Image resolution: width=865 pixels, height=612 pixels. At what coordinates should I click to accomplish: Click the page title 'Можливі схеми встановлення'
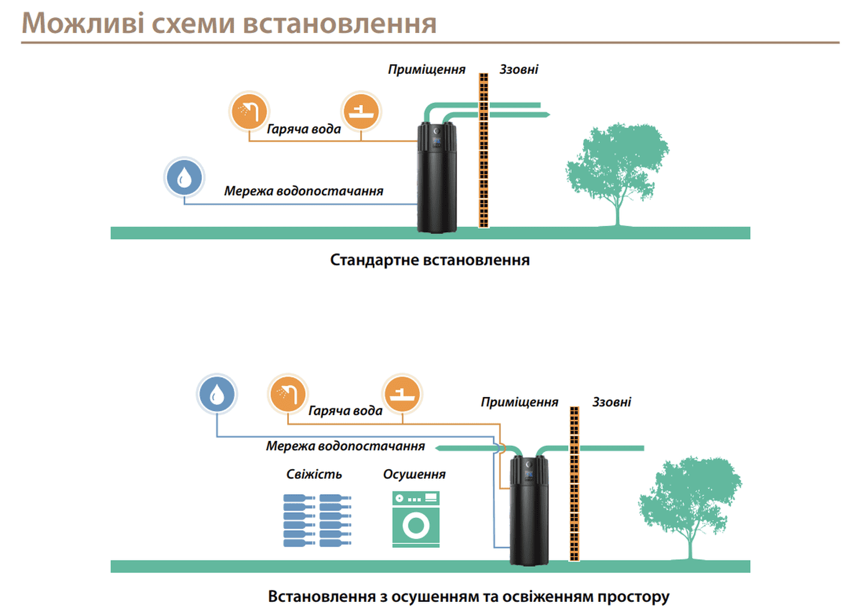tap(229, 23)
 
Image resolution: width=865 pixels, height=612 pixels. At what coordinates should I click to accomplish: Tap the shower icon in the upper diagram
tap(249, 111)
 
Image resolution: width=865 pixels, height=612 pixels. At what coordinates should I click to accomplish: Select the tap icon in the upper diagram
tap(361, 111)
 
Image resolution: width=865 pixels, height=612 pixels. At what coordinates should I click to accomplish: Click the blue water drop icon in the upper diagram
tap(184, 178)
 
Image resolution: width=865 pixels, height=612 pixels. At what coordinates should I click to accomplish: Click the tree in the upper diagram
tap(617, 168)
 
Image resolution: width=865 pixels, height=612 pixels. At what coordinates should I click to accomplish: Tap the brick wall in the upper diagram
tap(484, 150)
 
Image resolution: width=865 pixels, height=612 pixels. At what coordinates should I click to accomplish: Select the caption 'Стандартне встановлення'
tap(429, 260)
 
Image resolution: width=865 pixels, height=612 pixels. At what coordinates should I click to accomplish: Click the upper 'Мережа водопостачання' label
tap(303, 191)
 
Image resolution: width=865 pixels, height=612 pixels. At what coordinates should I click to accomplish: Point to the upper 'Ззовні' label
tap(518, 70)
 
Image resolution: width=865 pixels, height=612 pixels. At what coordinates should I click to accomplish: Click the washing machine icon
tap(416, 519)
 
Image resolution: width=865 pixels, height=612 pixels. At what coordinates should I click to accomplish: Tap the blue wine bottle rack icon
tap(317, 520)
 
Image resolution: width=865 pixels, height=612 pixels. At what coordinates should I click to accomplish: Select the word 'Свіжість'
tap(314, 474)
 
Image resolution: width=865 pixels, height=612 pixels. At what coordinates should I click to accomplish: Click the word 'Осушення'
tap(414, 474)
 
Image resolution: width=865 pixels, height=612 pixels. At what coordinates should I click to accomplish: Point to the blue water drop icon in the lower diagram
tap(217, 394)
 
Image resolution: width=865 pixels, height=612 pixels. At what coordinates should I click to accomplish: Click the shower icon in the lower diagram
tap(288, 394)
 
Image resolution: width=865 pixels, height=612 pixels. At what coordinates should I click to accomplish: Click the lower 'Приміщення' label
tap(519, 402)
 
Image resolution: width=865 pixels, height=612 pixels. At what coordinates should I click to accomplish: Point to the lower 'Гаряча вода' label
tap(345, 411)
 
